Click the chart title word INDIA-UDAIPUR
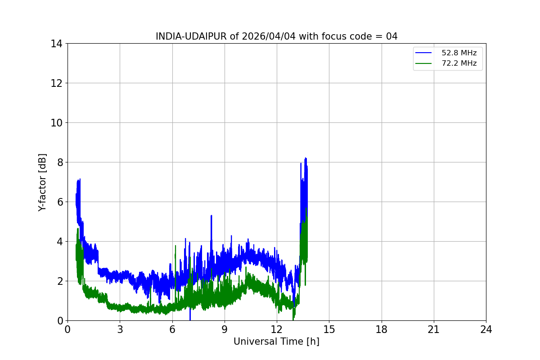click(x=191, y=36)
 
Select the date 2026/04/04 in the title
click(x=269, y=36)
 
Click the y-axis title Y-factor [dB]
click(x=42, y=183)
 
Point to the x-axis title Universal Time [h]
click(x=276, y=342)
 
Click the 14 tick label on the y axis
click(x=56, y=44)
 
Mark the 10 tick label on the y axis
click(x=56, y=123)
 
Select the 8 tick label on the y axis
click(x=60, y=162)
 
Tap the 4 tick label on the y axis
click(x=60, y=242)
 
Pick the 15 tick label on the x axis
click(x=329, y=329)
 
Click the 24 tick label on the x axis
click(x=486, y=329)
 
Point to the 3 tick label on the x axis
click(x=120, y=329)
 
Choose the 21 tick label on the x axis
click(x=434, y=329)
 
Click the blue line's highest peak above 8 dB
click(x=306, y=158)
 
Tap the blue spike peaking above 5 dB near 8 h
click(x=211, y=216)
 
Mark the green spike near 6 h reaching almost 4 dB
click(x=175, y=246)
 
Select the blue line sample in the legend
click(x=423, y=53)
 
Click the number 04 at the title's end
click(x=392, y=36)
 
